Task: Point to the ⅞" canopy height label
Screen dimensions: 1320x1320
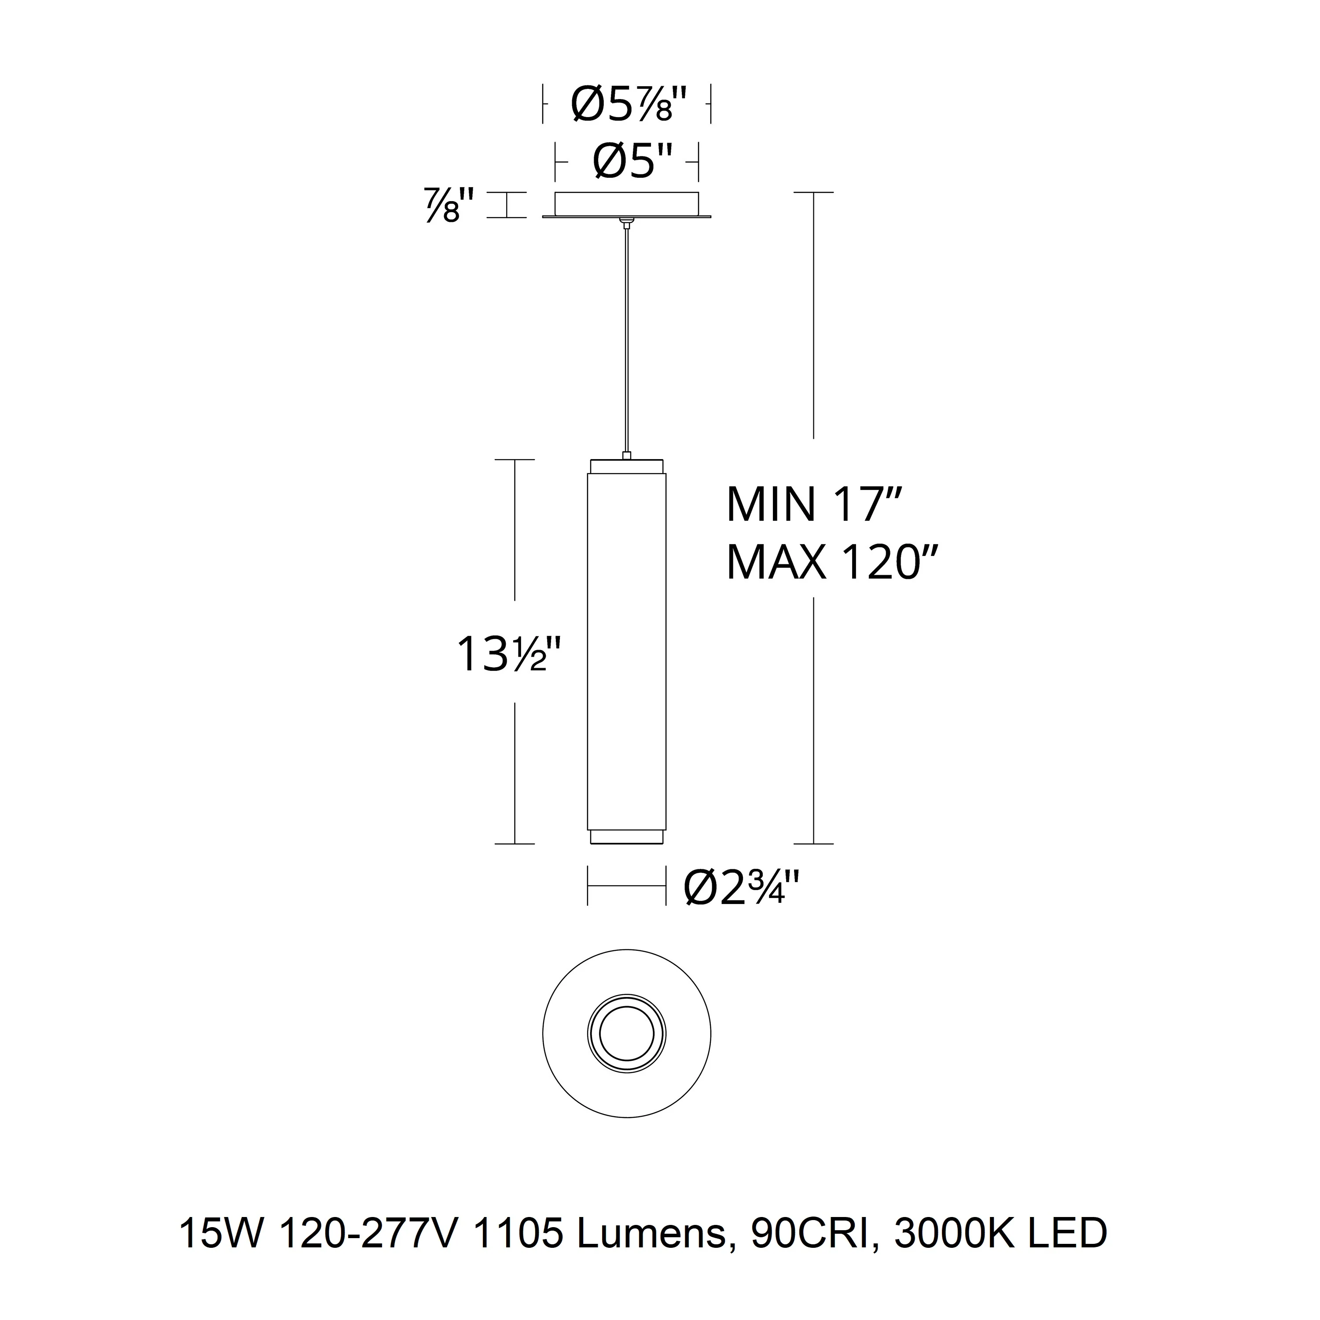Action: click(x=449, y=205)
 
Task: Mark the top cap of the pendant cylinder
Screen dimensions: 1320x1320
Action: click(x=626, y=465)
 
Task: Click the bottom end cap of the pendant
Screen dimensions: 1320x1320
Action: click(x=626, y=837)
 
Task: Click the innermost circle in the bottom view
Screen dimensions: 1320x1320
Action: click(x=626, y=1034)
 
